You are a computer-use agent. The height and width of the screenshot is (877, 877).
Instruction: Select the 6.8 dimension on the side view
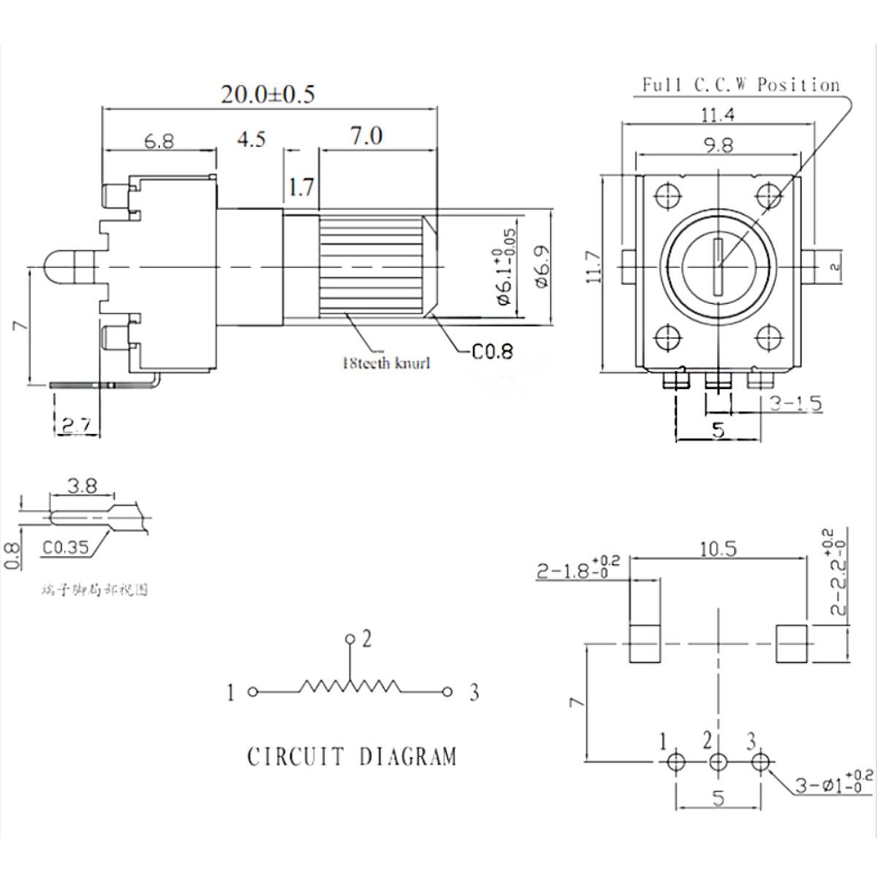pyautogui.click(x=159, y=140)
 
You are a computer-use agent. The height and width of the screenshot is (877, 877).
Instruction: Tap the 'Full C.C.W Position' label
pyautogui.click(x=740, y=85)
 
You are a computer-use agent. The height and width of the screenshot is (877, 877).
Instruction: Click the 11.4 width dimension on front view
pyautogui.click(x=718, y=114)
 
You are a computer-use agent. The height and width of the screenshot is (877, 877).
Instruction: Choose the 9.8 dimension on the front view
pyautogui.click(x=718, y=145)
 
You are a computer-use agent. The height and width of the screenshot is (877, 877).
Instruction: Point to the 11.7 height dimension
pyautogui.click(x=593, y=267)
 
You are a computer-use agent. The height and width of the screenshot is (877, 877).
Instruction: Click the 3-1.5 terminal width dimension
pyautogui.click(x=796, y=403)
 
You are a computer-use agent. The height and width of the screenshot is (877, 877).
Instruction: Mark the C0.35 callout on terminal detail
pyautogui.click(x=65, y=547)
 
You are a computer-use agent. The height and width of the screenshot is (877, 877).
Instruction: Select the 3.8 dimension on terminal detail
pyautogui.click(x=81, y=485)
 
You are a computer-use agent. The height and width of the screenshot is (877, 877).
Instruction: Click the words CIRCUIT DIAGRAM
pyautogui.click(x=352, y=756)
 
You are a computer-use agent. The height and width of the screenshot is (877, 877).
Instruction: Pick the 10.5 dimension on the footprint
pyautogui.click(x=718, y=549)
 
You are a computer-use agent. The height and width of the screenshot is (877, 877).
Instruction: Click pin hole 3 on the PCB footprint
pyautogui.click(x=760, y=762)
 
